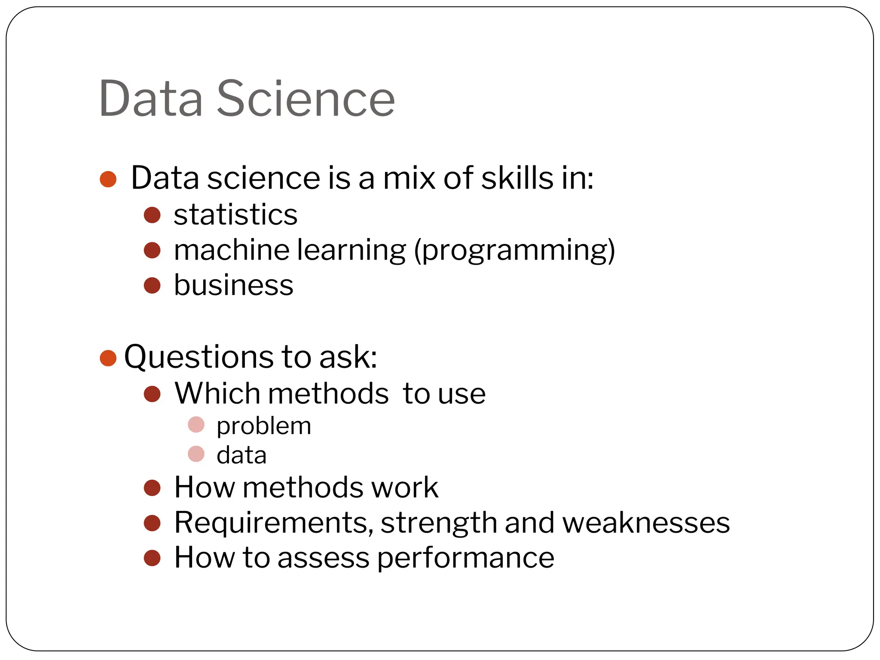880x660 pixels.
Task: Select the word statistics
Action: coord(235,214)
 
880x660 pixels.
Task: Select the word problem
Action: coord(263,426)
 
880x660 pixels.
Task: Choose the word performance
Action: coord(465,558)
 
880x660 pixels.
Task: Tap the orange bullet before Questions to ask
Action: coord(108,358)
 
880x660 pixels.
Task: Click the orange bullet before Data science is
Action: coord(108,179)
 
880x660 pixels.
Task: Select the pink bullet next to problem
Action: coord(196,425)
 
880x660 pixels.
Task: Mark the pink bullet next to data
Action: coord(196,454)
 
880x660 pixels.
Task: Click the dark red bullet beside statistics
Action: coord(152,215)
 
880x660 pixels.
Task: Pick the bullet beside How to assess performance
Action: coord(152,558)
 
